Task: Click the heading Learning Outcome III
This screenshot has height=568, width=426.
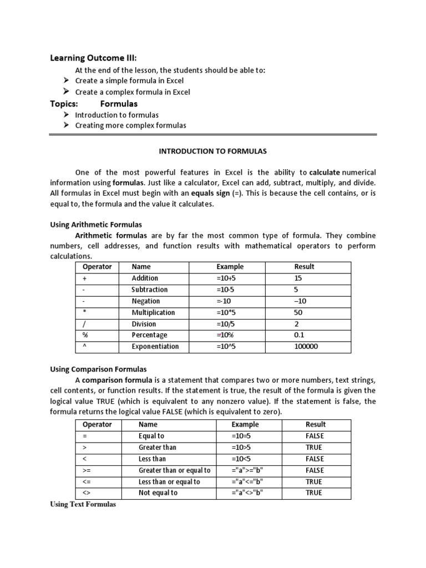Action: (94, 58)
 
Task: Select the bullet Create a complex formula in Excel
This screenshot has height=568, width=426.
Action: (133, 92)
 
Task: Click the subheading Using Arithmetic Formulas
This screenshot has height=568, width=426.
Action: (96, 225)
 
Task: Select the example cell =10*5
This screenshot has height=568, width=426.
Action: (228, 312)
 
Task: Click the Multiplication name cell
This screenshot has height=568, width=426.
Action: (153, 312)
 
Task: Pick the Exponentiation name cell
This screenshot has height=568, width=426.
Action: (155, 347)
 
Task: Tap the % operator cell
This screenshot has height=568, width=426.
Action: (85, 335)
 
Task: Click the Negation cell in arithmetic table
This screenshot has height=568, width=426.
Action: (146, 301)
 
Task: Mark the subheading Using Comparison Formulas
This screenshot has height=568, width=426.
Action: (99, 369)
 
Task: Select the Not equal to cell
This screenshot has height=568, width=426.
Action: (158, 493)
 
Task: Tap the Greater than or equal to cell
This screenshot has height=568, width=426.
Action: (174, 470)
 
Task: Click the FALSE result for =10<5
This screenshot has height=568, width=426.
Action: (315, 459)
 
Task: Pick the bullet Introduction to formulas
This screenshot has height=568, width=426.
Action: (117, 115)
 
